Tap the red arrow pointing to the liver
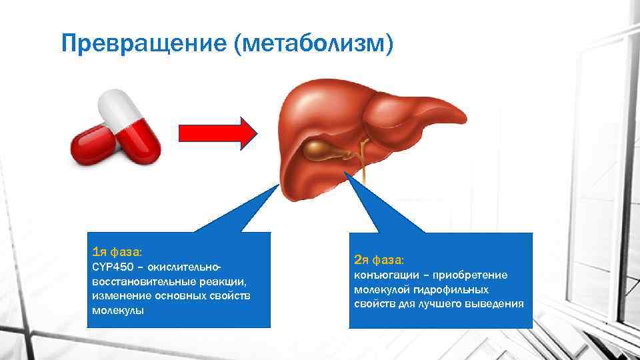point(217,132)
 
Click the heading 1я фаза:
point(117,252)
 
